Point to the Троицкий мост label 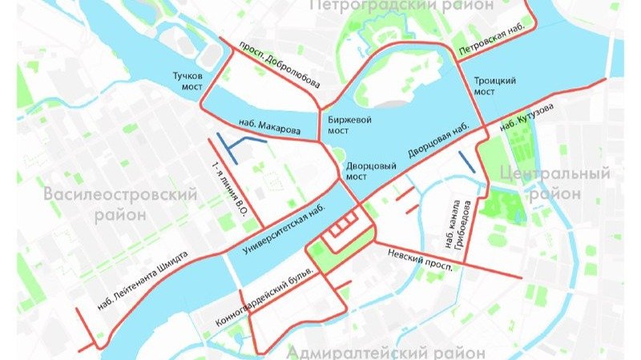(494, 87)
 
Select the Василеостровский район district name (120, 205)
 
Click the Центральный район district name (554, 183)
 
